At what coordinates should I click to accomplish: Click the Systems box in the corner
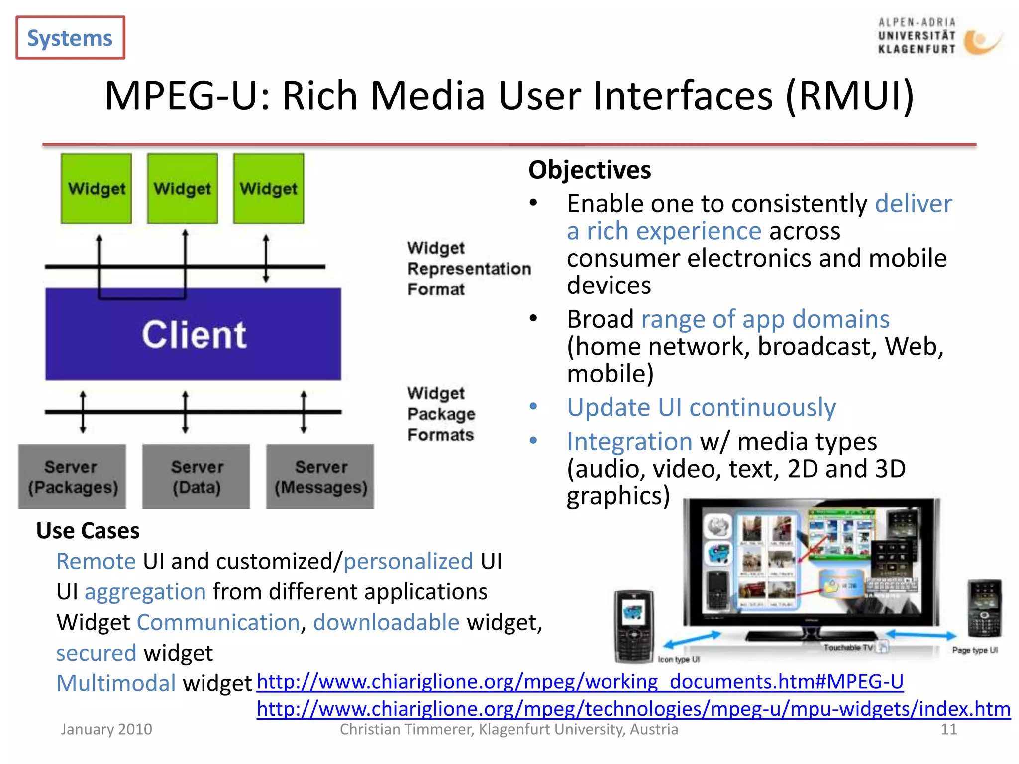point(70,38)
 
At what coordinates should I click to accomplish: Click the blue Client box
point(193,334)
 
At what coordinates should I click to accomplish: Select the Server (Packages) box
point(72,477)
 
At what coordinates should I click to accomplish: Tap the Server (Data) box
point(196,477)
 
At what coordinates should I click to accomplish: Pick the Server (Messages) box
point(320,477)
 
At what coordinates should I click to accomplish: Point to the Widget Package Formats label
point(441,414)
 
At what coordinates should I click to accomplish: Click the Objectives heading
point(589,170)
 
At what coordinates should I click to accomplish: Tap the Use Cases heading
point(88,530)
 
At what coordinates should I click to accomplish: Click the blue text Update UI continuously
point(701,408)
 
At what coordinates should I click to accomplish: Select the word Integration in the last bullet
point(629,442)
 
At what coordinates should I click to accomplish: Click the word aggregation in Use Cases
point(145,592)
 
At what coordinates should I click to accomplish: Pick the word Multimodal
point(116,683)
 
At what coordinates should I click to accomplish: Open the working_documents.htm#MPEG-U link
point(580,681)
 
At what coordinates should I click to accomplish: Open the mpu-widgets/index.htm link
point(633,709)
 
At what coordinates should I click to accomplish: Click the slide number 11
point(948,729)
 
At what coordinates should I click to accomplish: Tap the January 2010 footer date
point(106,729)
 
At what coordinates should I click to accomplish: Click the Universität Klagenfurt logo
point(938,36)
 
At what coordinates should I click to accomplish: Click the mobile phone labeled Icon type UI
point(633,626)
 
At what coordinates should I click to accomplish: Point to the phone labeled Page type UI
point(984,608)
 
